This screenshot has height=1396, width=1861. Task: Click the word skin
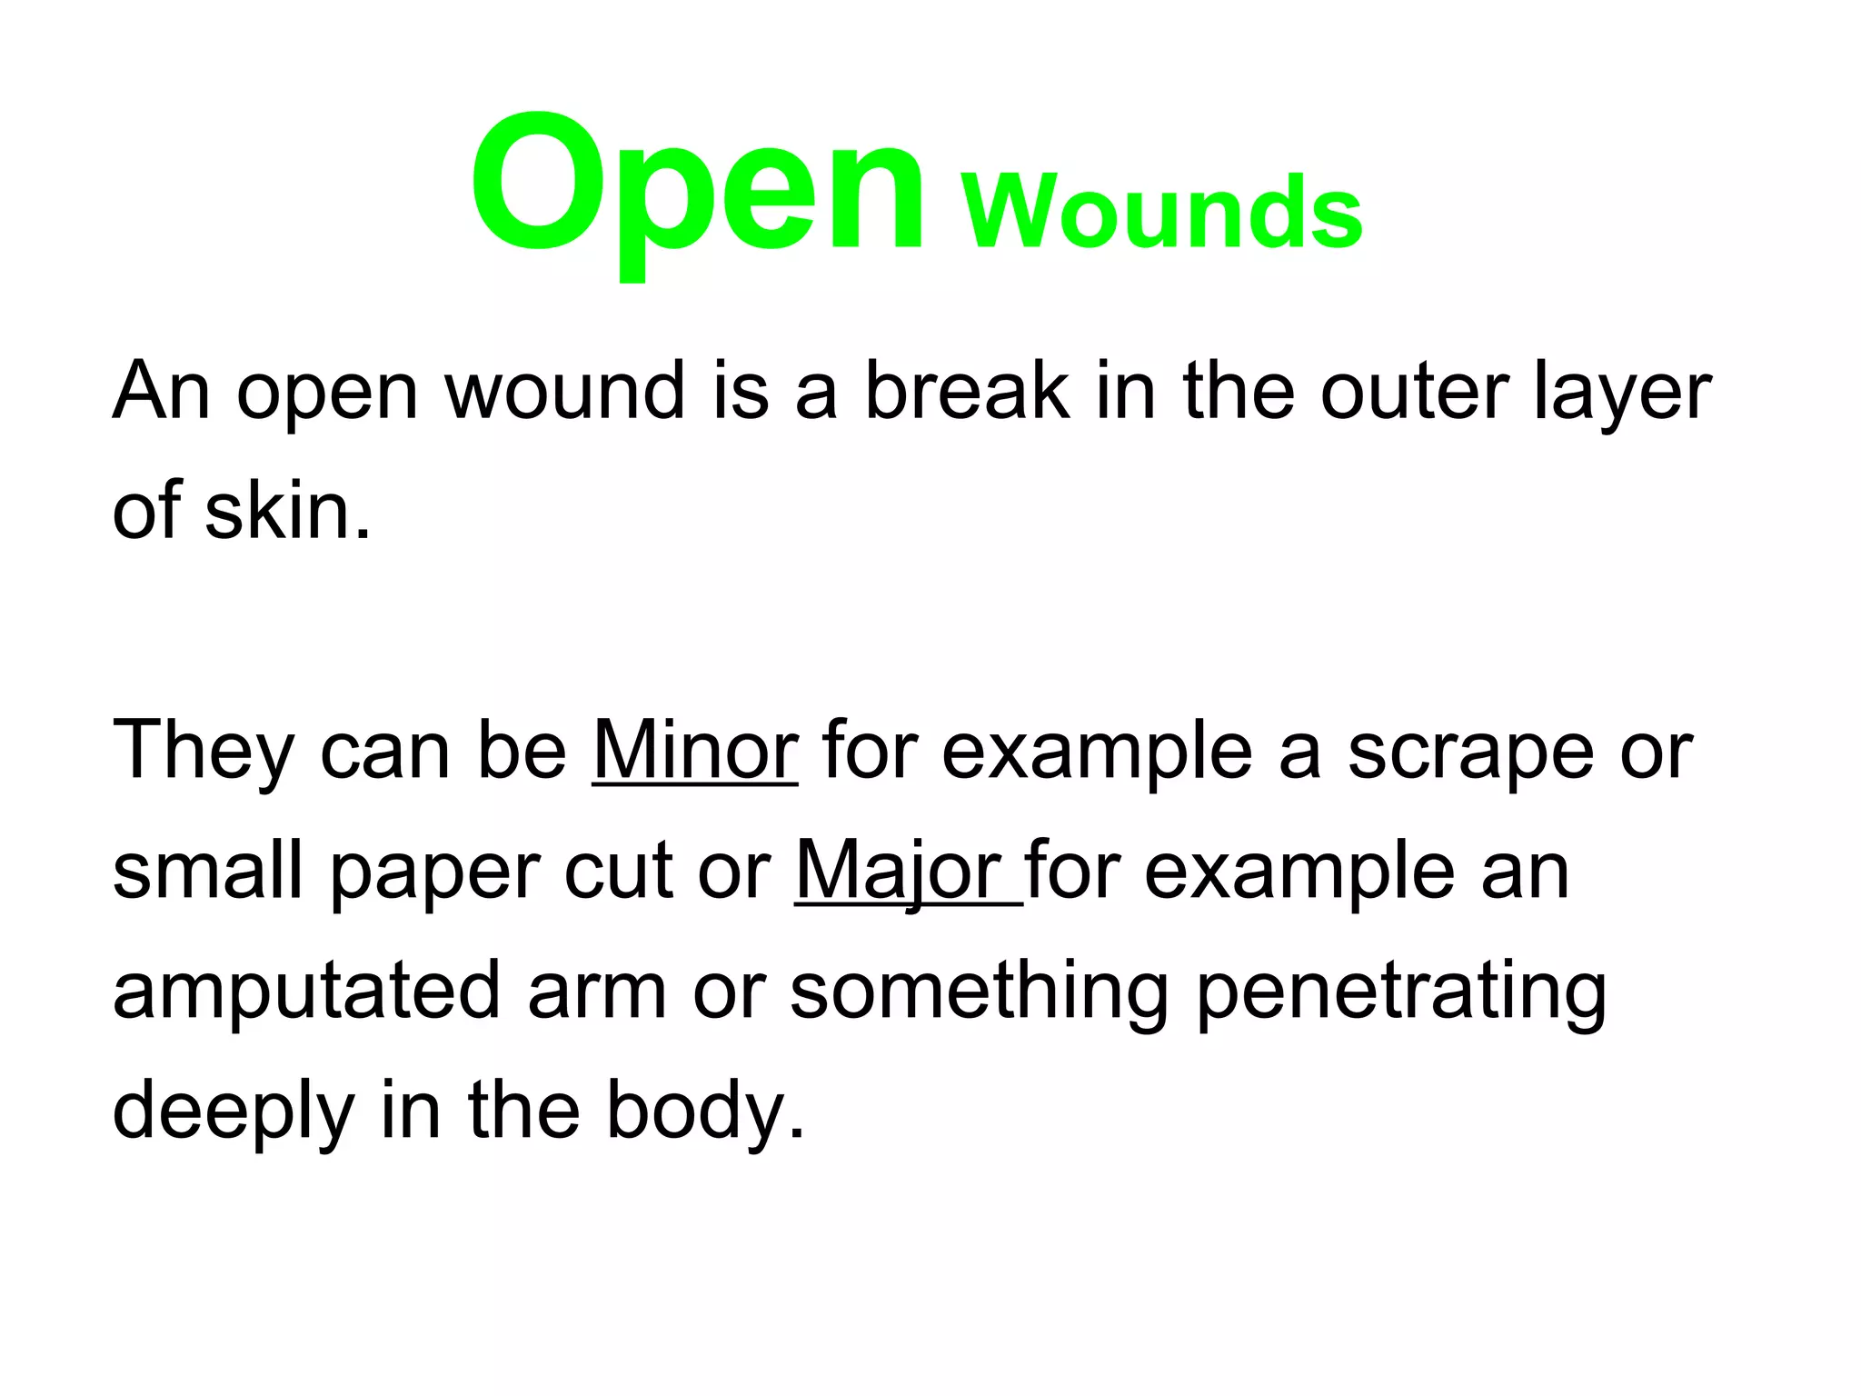(276, 511)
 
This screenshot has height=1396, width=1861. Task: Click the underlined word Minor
(695, 751)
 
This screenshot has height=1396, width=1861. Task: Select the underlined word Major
(900, 871)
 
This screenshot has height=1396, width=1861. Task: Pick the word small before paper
(207, 871)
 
